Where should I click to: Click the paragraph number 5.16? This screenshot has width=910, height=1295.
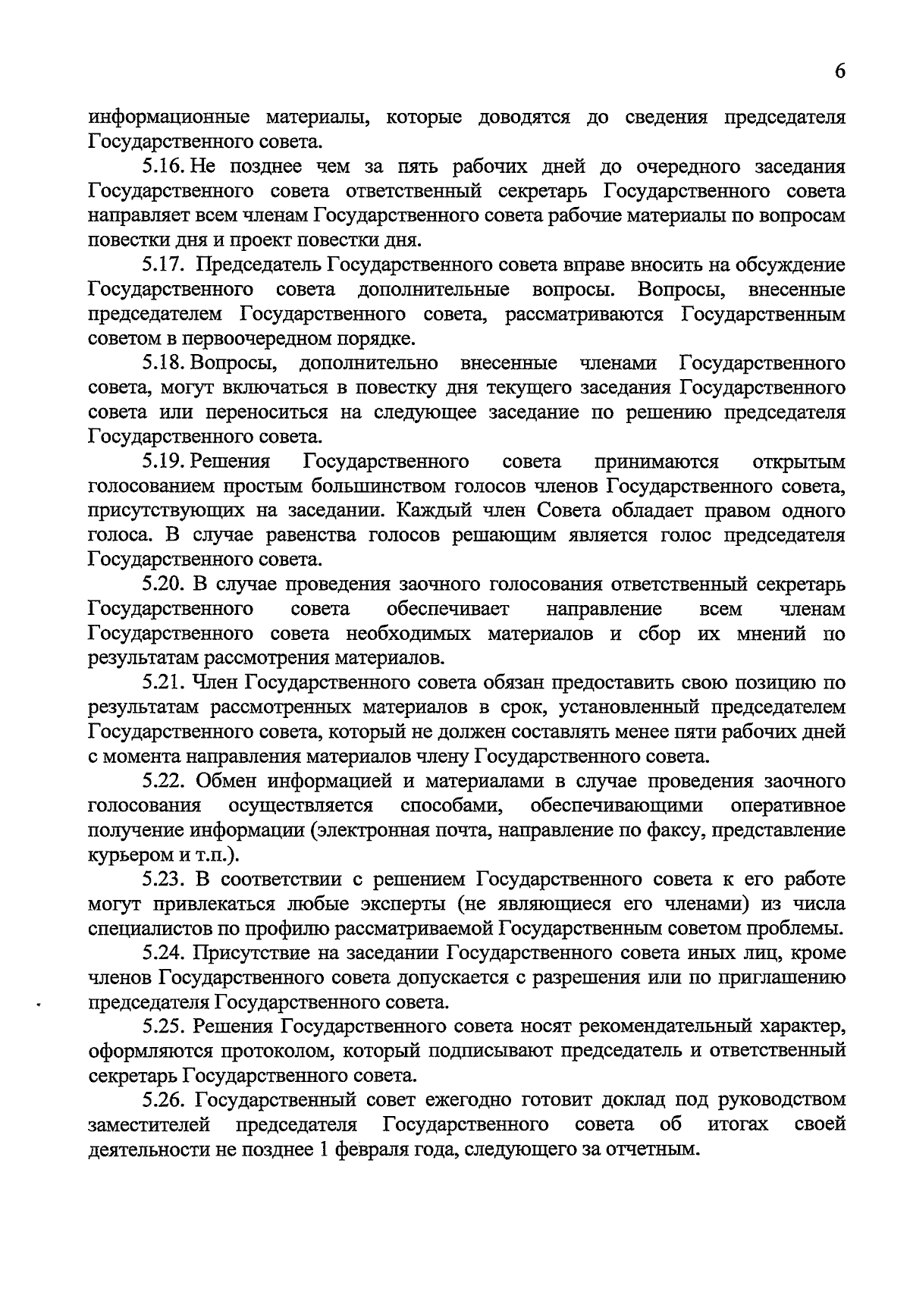[x=164, y=167]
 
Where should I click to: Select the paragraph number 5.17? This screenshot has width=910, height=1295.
[x=164, y=265]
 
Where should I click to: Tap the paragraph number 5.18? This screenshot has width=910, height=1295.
[x=164, y=363]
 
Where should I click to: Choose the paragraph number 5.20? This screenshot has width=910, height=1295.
[x=164, y=585]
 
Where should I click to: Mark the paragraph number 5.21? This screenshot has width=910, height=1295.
[x=164, y=683]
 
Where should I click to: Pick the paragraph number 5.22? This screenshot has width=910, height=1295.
[x=164, y=781]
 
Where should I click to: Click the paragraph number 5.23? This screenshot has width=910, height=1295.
[x=164, y=880]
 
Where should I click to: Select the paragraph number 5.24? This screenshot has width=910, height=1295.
[x=164, y=953]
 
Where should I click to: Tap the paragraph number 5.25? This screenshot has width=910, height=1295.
[x=164, y=1027]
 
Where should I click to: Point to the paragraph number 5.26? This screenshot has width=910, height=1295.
[x=164, y=1100]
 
